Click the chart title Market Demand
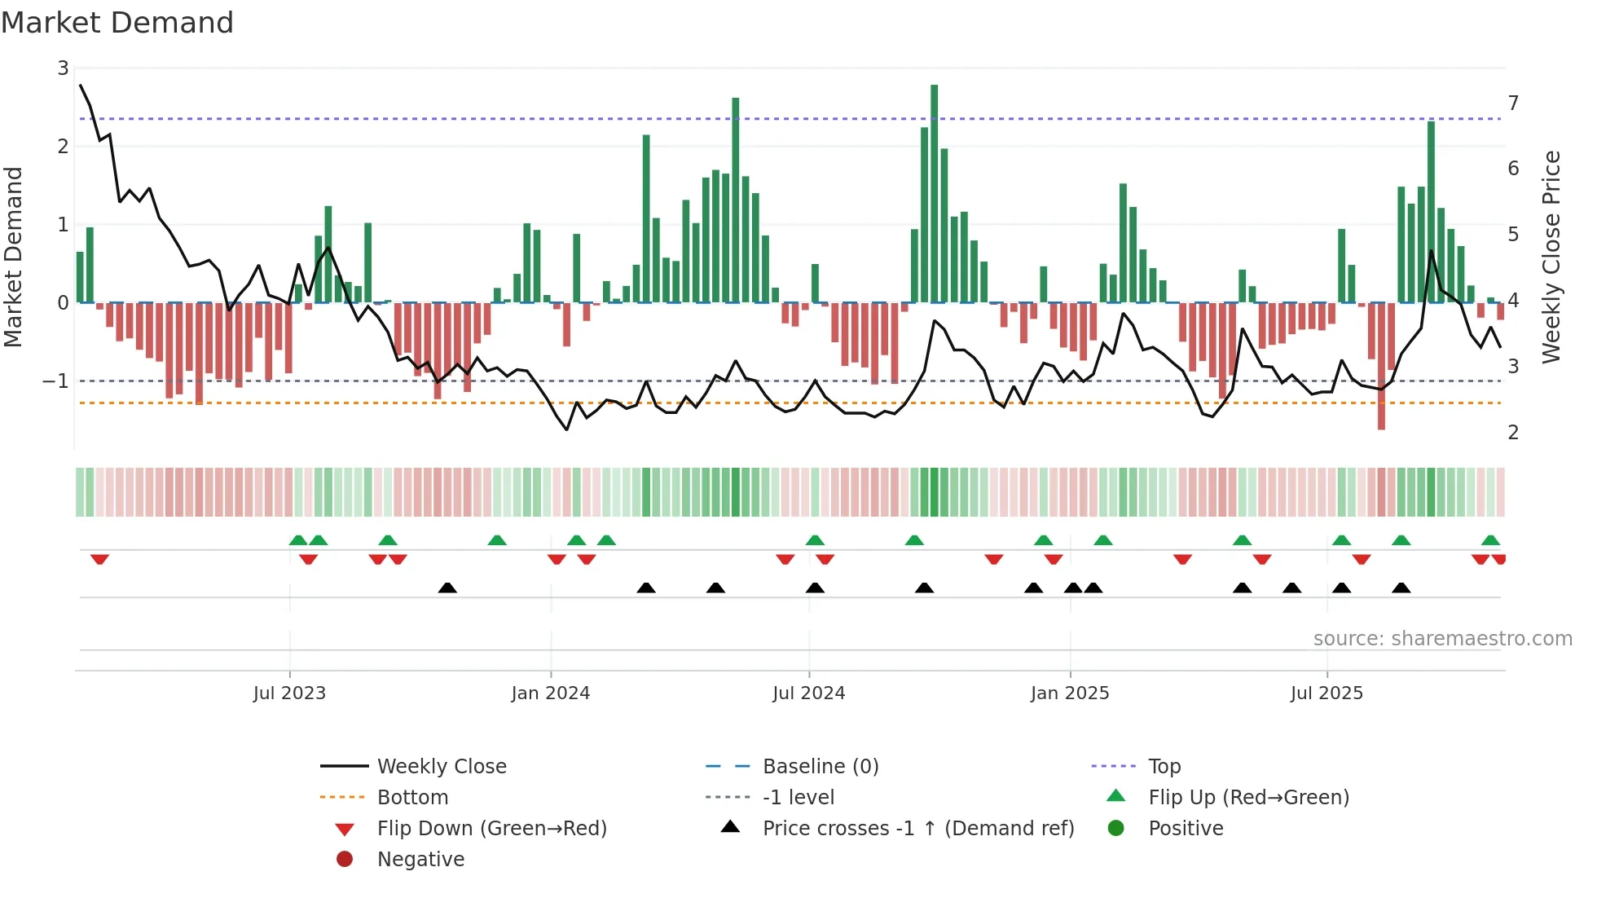tap(117, 23)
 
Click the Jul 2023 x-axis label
tap(289, 693)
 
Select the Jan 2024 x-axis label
tap(551, 693)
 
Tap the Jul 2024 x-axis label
tap(809, 693)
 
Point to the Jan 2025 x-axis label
tap(1070, 693)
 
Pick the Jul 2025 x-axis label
tap(1326, 693)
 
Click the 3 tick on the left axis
tap(63, 68)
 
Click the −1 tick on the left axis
tap(55, 381)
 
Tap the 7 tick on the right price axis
tap(1513, 103)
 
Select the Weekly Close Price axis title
tap(1551, 257)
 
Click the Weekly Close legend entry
tap(442, 767)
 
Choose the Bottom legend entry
tap(412, 798)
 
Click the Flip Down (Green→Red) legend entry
tap(491, 829)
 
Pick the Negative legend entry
tap(420, 860)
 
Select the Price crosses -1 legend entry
tap(918, 829)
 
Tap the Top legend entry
tap(1164, 767)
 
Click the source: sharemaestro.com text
tap(1442, 639)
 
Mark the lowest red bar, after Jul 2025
tap(1381, 366)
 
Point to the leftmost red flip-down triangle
tap(99, 559)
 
